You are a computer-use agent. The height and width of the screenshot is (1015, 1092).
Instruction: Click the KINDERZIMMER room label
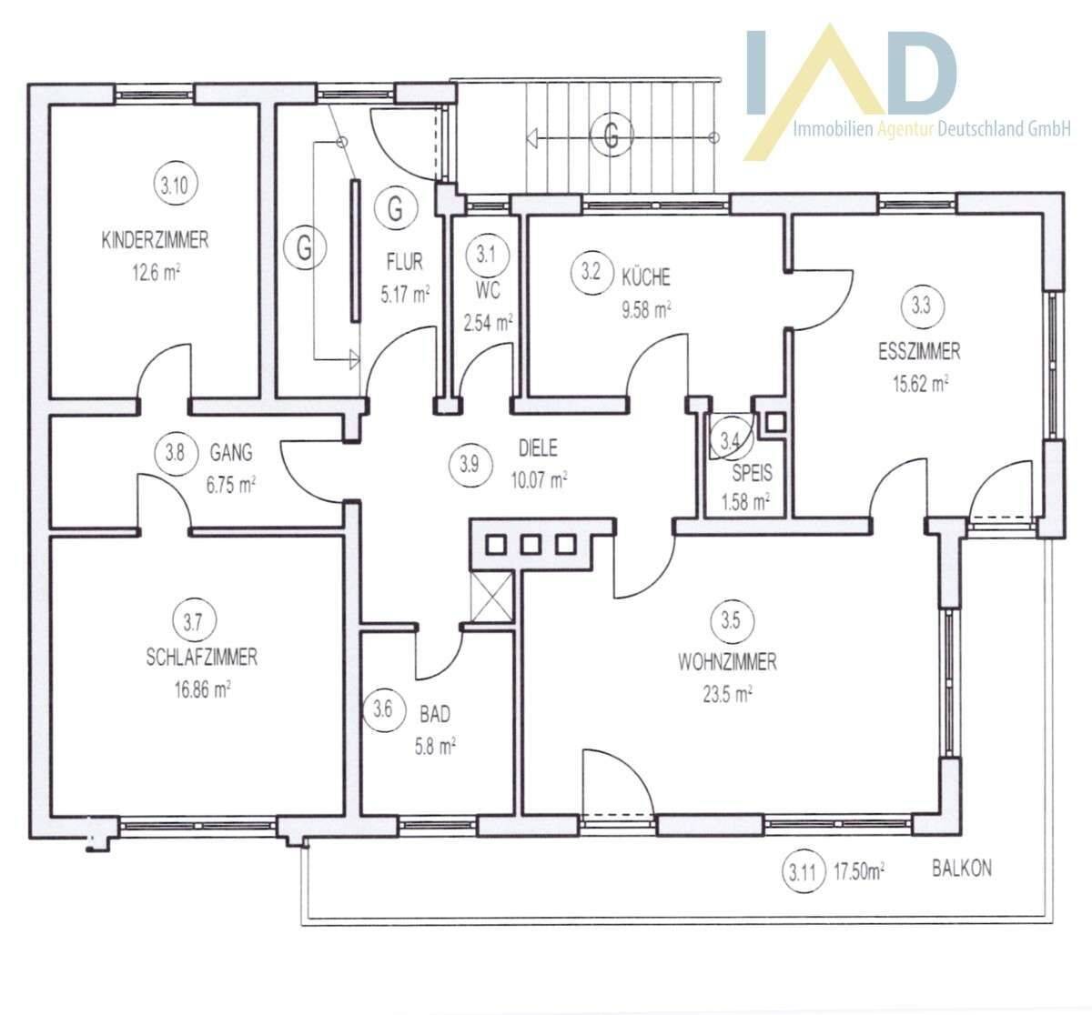155,240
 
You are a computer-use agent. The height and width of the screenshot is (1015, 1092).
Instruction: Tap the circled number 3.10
175,186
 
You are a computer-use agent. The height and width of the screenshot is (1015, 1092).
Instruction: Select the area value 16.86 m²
202,689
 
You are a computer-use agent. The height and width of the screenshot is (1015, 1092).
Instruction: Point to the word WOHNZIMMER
727,662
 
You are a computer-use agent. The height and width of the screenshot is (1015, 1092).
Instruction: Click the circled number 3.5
730,621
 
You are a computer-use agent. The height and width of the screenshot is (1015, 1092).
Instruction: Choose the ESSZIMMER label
919,351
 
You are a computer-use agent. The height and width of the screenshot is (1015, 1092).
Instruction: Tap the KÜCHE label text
645,277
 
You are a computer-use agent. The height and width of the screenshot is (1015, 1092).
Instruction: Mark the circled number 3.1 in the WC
487,255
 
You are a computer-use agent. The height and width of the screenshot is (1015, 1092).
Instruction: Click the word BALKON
962,868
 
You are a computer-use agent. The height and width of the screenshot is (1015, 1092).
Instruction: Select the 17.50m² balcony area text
859,871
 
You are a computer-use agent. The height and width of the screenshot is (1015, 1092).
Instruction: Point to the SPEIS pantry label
752,473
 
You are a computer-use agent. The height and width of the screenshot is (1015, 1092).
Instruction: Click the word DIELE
538,447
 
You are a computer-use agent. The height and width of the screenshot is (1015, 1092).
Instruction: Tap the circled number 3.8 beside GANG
175,454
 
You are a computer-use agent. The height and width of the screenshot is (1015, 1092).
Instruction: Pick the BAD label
435,714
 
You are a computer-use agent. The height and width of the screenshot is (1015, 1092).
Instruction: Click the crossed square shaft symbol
491,597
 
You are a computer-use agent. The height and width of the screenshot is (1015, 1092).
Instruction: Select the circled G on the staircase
611,134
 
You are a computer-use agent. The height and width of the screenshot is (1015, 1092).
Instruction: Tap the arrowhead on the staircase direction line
531,138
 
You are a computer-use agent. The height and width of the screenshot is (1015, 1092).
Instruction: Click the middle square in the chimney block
531,545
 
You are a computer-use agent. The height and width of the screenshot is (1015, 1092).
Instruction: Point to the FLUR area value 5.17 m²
405,295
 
